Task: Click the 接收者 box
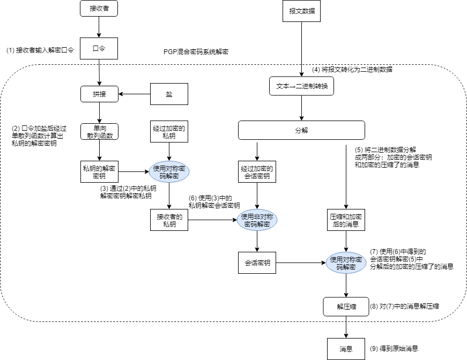[x=98, y=9]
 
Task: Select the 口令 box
[x=99, y=48]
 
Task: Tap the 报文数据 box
[x=302, y=11]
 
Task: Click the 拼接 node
[x=99, y=94]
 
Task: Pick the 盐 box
[x=169, y=94]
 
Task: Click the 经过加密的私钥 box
[x=169, y=133]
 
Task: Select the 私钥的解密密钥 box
[x=99, y=171]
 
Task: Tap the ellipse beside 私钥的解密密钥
[x=169, y=171]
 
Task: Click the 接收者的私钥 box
[x=169, y=220]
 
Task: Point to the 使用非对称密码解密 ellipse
[x=258, y=220]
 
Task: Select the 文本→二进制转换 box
[x=301, y=86]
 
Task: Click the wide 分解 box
[x=301, y=130]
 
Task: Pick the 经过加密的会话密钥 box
[x=258, y=171]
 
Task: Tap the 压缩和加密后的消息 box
[x=346, y=220]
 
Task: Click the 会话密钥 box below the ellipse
[x=258, y=263]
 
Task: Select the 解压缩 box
[x=346, y=307]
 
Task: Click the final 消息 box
[x=346, y=349]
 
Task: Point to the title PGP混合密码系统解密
[x=196, y=52]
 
